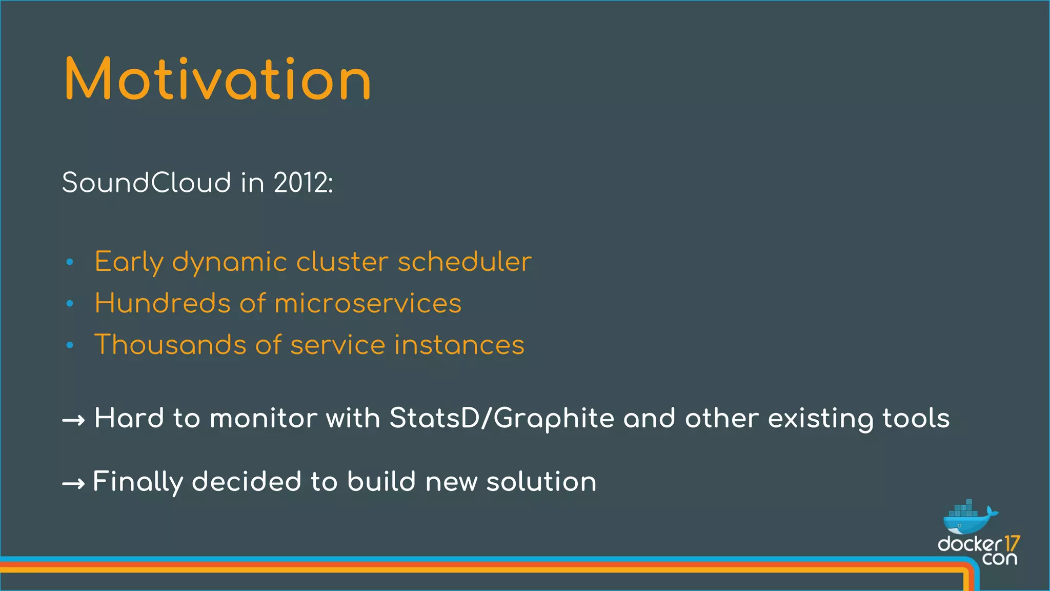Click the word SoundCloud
[147, 183]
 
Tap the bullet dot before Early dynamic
[70, 262]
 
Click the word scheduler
[465, 262]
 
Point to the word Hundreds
[163, 303]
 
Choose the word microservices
[368, 303]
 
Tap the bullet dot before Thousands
[70, 345]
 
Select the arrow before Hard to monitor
[73, 421]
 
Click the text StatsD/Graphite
[502, 418]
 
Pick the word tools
[916, 418]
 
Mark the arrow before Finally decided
[73, 484]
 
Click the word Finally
[138, 482]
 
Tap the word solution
[541, 482]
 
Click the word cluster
[342, 262]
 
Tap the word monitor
[264, 418]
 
